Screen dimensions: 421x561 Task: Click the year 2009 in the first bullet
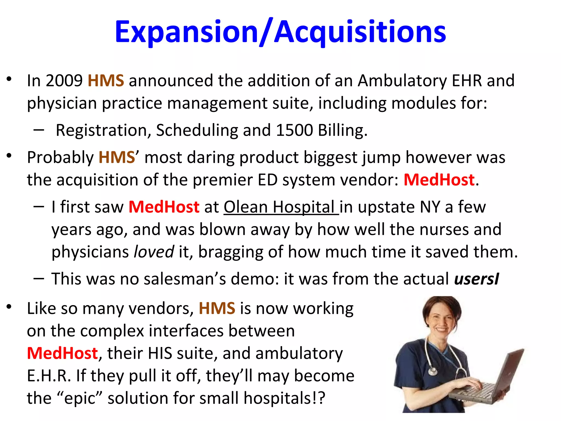coord(64,81)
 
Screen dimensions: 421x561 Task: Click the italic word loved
coord(154,252)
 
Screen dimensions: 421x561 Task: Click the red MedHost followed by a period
coord(439,180)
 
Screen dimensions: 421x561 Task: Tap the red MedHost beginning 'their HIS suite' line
coord(62,353)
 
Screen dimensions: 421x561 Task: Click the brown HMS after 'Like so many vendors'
coord(217,308)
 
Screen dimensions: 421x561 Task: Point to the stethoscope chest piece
coord(433,371)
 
